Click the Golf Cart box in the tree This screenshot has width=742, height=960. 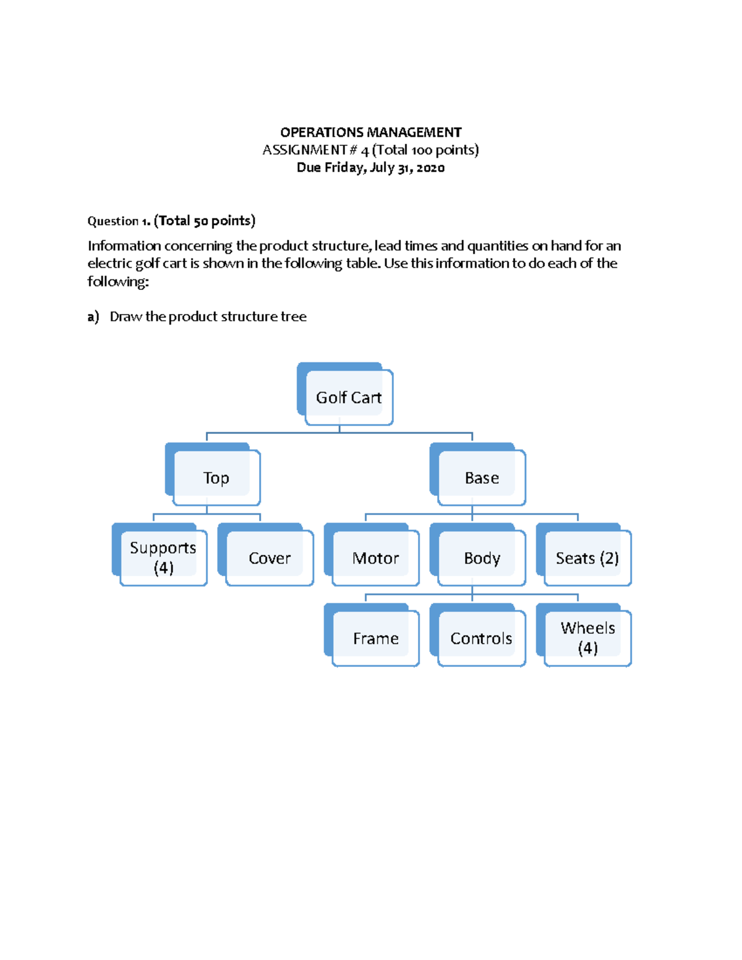pyautogui.click(x=349, y=397)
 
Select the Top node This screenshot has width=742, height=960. pyautogui.click(x=216, y=478)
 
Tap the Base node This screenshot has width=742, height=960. pyautogui.click(x=482, y=478)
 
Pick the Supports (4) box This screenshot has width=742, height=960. pyautogui.click(x=163, y=558)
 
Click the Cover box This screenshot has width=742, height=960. pyautogui.click(x=270, y=558)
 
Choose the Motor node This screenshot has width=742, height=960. pyautogui.click(x=375, y=558)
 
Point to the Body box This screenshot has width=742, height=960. pyautogui.click(x=482, y=558)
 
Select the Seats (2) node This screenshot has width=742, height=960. pyautogui.click(x=587, y=558)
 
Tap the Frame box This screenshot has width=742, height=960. pyautogui.click(x=375, y=639)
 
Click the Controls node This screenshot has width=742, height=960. pyautogui.click(x=481, y=639)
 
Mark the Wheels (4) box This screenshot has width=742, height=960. pyautogui.click(x=587, y=638)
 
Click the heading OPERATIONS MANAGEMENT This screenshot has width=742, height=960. pyautogui.click(x=370, y=132)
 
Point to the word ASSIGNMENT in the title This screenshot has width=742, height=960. pyautogui.click(x=304, y=150)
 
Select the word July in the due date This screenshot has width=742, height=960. pyautogui.click(x=382, y=168)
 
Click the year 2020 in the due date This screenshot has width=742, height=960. pyautogui.click(x=430, y=168)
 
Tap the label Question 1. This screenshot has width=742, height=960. pyautogui.click(x=119, y=221)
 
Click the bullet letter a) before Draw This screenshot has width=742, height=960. pyautogui.click(x=93, y=317)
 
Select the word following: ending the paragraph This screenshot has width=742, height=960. pyautogui.click(x=117, y=282)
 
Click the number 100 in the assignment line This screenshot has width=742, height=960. pyautogui.click(x=422, y=150)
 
